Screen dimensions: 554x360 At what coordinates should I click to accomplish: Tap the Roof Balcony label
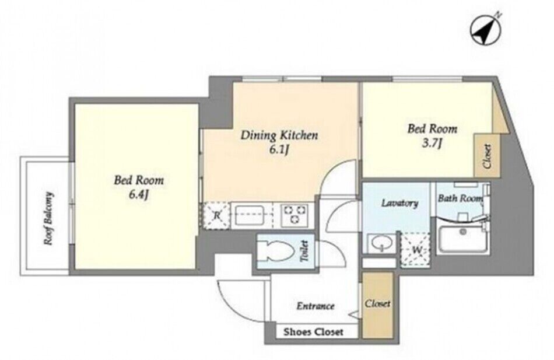[48, 218]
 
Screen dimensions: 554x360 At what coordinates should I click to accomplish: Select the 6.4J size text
[138, 194]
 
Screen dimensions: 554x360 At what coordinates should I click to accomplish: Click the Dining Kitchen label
[279, 135]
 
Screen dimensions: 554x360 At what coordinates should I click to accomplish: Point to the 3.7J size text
[432, 143]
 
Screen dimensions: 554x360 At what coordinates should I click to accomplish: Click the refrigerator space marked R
[216, 216]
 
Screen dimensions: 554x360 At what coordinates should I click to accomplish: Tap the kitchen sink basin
[251, 215]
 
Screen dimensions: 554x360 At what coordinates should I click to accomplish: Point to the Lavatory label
[399, 203]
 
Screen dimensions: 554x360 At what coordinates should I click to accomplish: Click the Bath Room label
[460, 198]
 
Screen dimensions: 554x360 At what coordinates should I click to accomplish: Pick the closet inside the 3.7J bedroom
[487, 156]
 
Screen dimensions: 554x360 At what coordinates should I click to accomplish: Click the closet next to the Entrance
[378, 305]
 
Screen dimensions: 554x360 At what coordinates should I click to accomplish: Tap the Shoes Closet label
[313, 332]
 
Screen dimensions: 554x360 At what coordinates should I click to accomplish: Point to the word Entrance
[315, 306]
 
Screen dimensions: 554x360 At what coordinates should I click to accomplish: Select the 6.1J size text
[279, 150]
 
